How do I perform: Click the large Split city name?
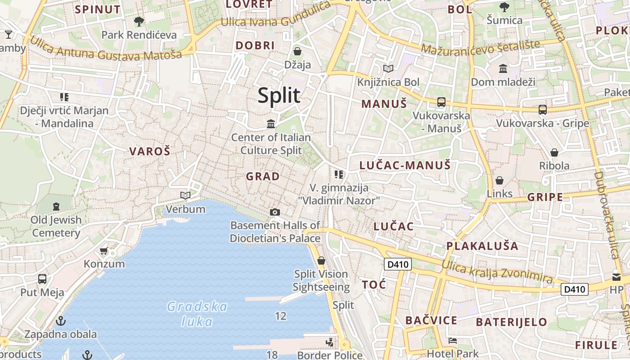coord(279,96)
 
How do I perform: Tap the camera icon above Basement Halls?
coord(275,212)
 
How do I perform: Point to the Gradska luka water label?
coord(197,314)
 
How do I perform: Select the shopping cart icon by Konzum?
coord(104,251)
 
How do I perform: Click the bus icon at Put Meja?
coord(42,279)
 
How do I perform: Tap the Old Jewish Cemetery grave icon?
coord(56,207)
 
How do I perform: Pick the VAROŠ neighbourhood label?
coord(150,151)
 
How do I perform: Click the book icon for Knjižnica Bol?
coord(388,69)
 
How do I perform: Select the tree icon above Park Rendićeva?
coord(139,21)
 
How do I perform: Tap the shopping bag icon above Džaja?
coord(297,51)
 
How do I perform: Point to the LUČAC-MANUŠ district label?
coord(405,165)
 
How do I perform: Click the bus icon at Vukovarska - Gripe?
coord(543,109)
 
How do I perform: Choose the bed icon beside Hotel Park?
coord(453,341)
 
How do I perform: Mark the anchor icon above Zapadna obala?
coord(60,321)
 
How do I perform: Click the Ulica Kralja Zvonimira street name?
coord(497,271)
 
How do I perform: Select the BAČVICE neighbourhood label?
coord(431,320)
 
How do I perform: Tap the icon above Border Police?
coord(330,342)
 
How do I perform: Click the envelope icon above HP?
coord(616,277)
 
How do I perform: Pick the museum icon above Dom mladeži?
coord(503,69)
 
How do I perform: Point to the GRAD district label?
coord(263,176)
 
